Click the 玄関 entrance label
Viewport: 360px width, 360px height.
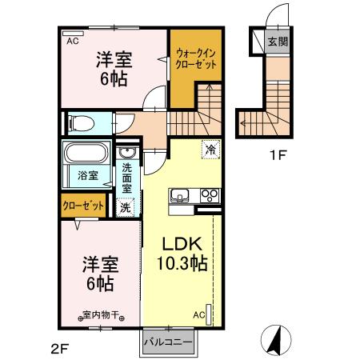pos(277,42)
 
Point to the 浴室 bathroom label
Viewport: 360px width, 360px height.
pos(88,174)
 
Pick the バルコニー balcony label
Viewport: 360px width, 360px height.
pos(167,342)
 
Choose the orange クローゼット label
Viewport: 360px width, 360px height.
pos(83,206)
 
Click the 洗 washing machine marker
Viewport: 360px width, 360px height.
pos(126,206)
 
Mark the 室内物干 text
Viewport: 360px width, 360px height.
pos(101,314)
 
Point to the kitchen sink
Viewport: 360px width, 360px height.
pos(178,194)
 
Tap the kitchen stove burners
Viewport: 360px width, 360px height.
pos(210,194)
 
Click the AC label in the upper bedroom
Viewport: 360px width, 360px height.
pos(72,40)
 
